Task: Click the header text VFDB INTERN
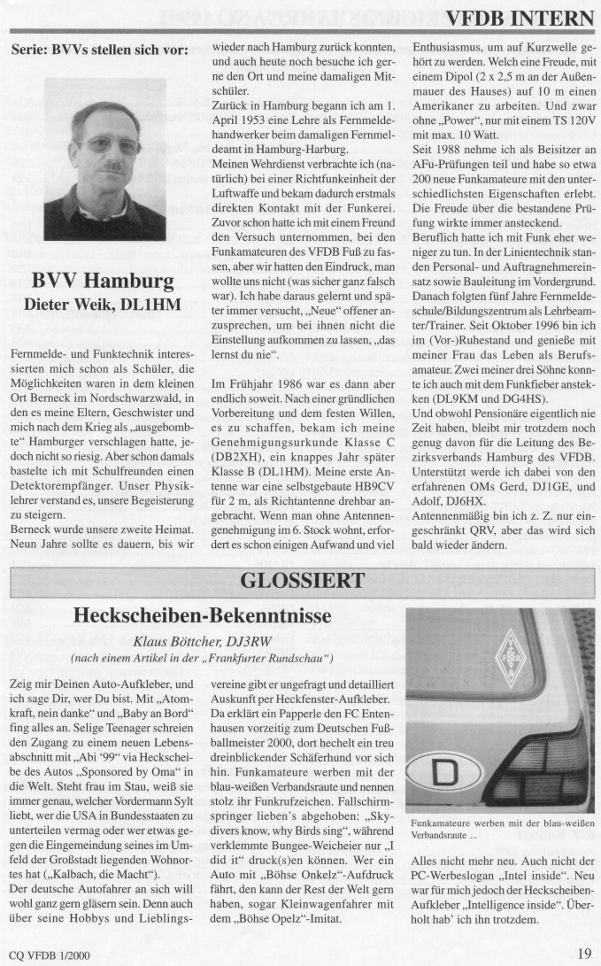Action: click(520, 19)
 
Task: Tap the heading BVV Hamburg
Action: click(102, 282)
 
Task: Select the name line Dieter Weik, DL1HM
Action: click(102, 305)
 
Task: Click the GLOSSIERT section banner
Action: click(301, 581)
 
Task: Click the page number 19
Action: click(584, 953)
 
